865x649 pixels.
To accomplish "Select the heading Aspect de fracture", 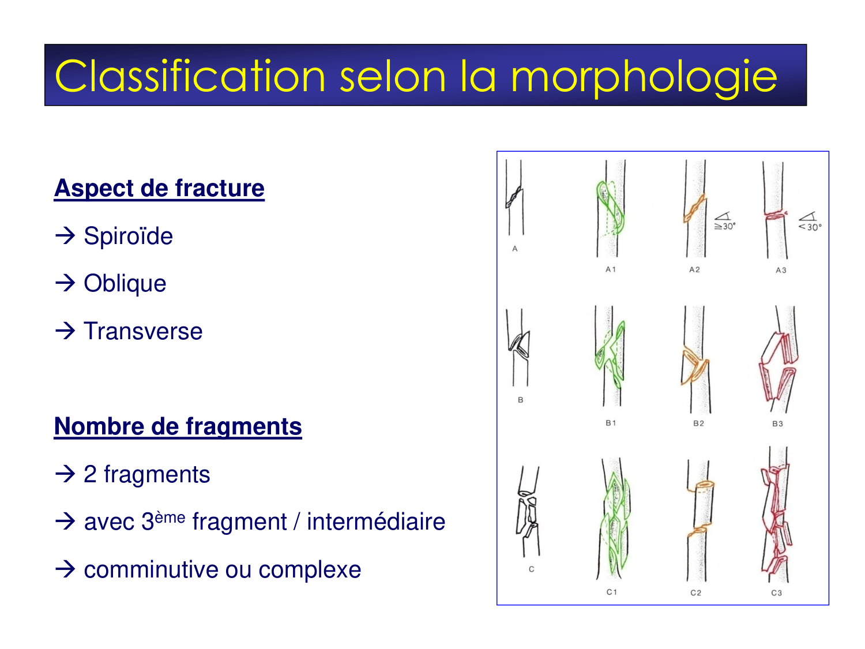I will [x=159, y=189].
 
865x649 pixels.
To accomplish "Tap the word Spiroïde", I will [x=128, y=236].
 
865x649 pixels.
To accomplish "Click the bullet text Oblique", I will [x=125, y=283].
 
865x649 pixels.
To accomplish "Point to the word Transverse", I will [x=143, y=331].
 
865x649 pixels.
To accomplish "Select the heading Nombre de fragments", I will [x=178, y=426].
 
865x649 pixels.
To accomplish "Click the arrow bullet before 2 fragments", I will [x=65, y=474].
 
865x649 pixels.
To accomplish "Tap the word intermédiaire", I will [x=376, y=522].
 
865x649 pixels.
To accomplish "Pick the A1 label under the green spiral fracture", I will [x=611, y=269].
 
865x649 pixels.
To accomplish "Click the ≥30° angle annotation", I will [x=724, y=222].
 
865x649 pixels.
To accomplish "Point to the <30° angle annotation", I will [x=810, y=223].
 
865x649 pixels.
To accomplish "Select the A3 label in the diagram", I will [x=781, y=270].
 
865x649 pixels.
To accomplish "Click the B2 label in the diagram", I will [x=698, y=423].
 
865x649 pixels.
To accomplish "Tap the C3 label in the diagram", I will [x=777, y=593].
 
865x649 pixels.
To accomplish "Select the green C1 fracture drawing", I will [x=615, y=519].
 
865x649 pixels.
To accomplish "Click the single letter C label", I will [x=531, y=569].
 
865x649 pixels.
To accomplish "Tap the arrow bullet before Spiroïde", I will [x=65, y=235].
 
